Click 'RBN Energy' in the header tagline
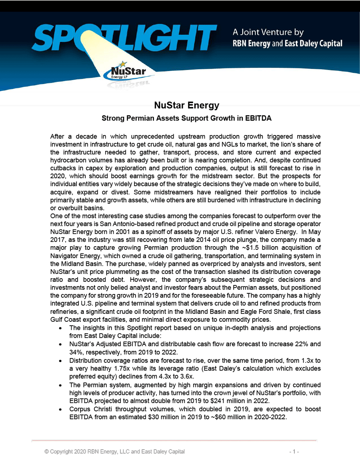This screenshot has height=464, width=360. (252, 44)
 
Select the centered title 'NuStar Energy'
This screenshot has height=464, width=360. (187, 106)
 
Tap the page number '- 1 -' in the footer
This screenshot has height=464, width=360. (294, 452)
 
